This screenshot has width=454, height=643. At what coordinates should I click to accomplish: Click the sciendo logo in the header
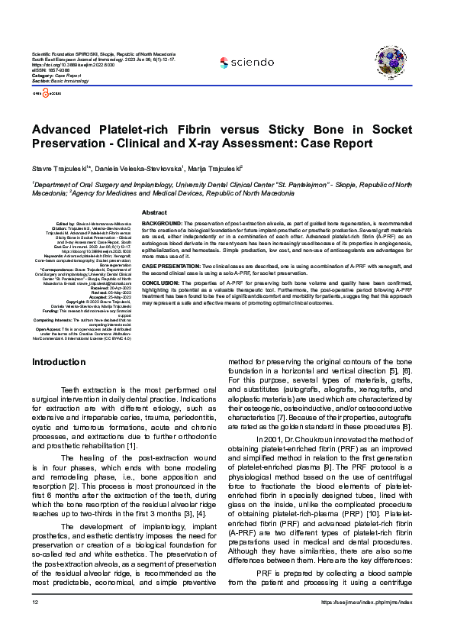(x=246, y=62)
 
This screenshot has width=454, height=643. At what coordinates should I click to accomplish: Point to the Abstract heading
(x=154, y=212)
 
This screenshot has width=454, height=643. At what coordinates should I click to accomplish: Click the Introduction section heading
(x=63, y=361)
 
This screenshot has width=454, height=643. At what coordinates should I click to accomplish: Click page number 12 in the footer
(x=35, y=624)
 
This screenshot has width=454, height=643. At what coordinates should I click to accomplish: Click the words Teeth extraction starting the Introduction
(x=88, y=390)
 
